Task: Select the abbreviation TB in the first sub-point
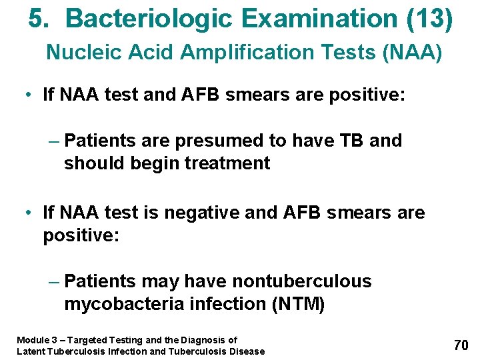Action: [350, 141]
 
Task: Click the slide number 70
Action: [461, 345]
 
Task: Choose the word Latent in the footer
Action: [29, 351]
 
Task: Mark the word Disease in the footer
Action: [247, 351]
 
